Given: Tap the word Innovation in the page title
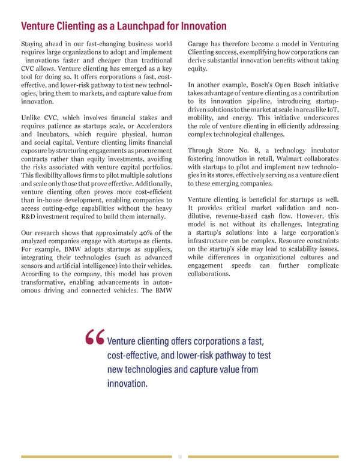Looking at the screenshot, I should [202, 26].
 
